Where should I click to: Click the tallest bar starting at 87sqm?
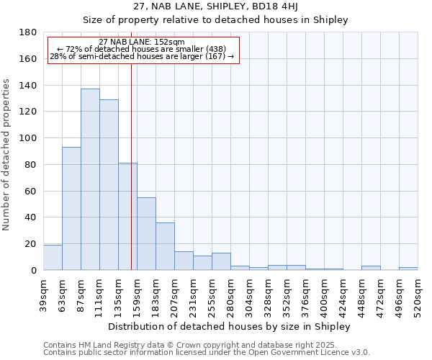(90, 179)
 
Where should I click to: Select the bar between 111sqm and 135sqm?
(109, 185)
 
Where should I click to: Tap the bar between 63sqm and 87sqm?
(71, 209)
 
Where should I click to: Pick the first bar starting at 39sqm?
(53, 258)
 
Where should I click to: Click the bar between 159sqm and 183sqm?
(146, 234)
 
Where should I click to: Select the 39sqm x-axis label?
(44, 294)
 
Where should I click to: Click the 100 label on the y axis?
(29, 138)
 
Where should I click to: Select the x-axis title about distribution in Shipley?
(230, 326)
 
